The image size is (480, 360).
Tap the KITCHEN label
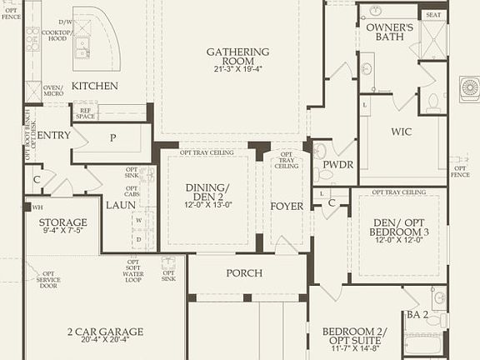click(x=94, y=86)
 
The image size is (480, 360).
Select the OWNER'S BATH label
click(x=390, y=32)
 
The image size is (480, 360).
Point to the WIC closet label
click(x=402, y=132)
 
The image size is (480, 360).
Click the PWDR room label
click(x=338, y=165)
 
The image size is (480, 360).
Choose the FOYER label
click(x=286, y=206)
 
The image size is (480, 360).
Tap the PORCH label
click(x=244, y=273)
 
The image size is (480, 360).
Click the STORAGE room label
click(x=62, y=222)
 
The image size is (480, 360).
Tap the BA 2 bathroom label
click(x=417, y=314)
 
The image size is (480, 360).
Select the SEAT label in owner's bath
click(x=433, y=15)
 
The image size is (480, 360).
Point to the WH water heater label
click(x=37, y=207)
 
